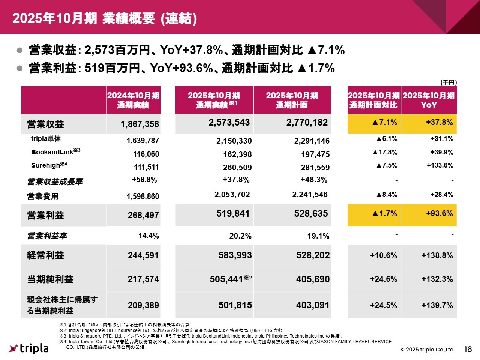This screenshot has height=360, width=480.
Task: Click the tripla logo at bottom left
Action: (29, 348)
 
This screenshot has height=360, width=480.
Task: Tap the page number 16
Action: (468, 349)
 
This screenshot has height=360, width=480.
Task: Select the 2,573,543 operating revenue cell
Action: (229, 123)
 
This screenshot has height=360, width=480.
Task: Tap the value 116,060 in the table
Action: (146, 154)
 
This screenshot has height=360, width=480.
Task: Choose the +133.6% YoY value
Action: (439, 165)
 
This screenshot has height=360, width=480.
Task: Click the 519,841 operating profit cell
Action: (233, 214)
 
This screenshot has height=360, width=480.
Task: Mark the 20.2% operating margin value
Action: (240, 236)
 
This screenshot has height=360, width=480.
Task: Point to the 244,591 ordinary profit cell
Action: (143, 255)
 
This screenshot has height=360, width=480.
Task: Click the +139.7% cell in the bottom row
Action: (437, 305)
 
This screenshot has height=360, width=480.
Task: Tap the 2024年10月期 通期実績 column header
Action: (133, 100)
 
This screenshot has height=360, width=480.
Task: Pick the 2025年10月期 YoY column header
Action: (429, 100)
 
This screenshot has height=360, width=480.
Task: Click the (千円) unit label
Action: (448, 82)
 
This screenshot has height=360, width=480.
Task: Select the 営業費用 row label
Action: (43, 196)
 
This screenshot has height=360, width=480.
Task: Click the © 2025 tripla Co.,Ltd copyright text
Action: (427, 349)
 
